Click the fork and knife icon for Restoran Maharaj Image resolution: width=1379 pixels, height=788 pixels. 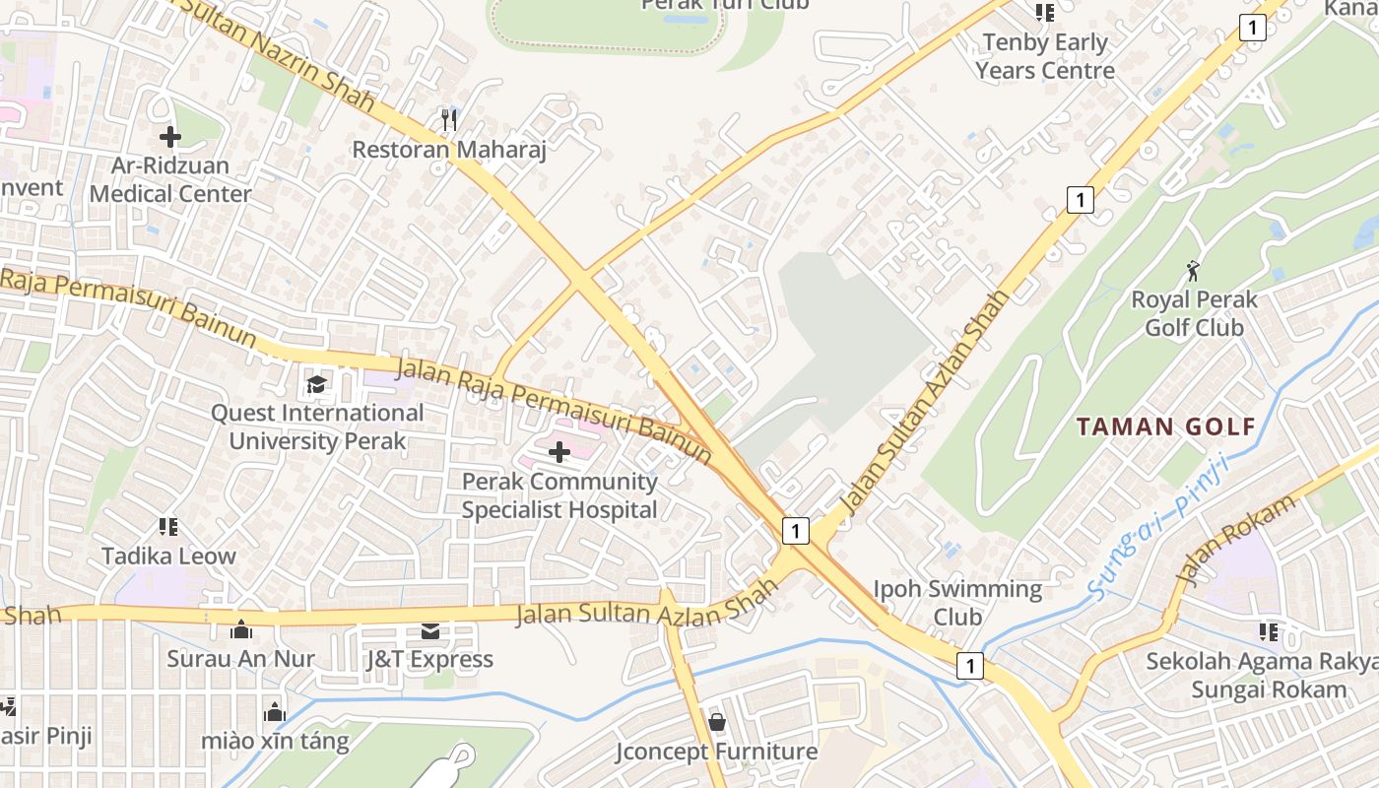click(449, 120)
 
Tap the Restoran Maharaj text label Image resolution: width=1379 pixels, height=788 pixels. click(449, 150)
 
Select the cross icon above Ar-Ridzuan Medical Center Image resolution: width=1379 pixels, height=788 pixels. click(170, 137)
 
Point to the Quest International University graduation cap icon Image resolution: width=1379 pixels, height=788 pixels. click(316, 383)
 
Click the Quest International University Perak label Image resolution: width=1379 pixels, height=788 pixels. click(317, 427)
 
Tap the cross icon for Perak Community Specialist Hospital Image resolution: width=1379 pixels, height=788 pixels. click(559, 452)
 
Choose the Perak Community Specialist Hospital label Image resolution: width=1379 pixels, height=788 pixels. click(559, 495)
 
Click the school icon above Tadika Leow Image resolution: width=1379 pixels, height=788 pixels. click(168, 527)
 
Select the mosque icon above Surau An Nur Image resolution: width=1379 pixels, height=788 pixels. click(241, 629)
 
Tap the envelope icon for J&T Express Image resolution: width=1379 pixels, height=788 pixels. click(430, 630)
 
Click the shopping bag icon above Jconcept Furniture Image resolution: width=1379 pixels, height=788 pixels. click(717, 722)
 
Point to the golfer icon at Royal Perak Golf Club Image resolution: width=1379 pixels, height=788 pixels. click(1194, 270)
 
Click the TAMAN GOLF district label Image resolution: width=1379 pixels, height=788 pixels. click(1165, 427)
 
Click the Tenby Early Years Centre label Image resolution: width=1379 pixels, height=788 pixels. click(1045, 56)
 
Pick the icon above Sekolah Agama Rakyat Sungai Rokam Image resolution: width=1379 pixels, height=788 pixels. click(1268, 631)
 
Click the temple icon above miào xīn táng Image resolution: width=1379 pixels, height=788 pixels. click(275, 711)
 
